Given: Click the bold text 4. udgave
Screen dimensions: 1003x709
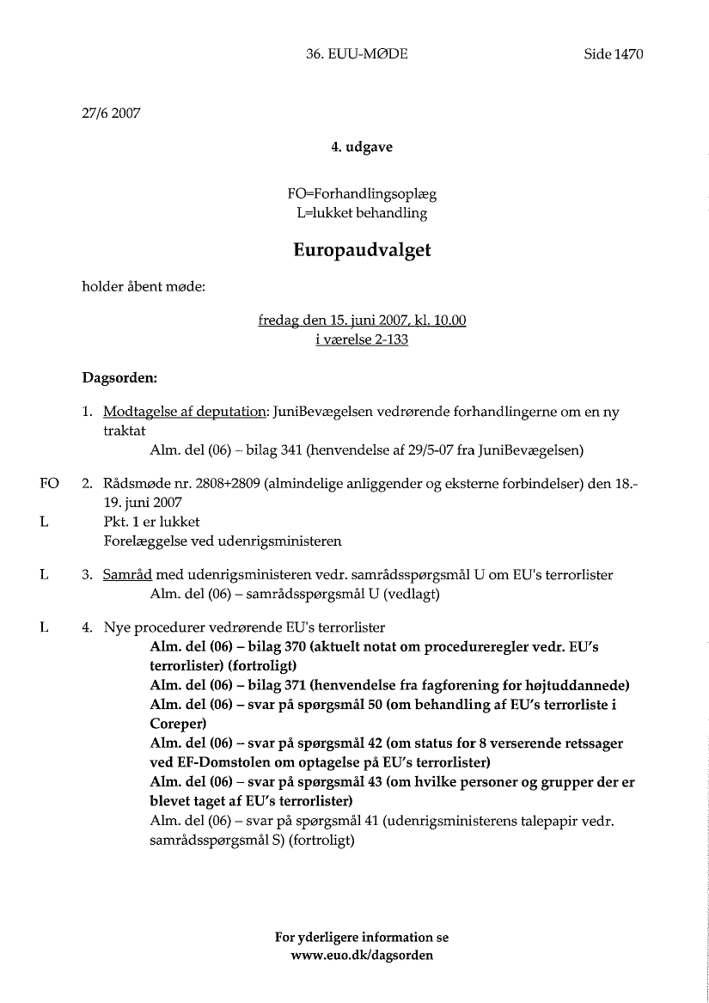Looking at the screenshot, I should [362, 147].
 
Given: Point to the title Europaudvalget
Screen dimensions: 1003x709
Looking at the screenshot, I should [362, 250].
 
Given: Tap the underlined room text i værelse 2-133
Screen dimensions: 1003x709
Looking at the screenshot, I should [362, 339].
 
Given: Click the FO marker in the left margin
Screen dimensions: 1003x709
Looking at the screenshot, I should [49, 483].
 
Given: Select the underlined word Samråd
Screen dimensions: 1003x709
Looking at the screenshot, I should [127, 574].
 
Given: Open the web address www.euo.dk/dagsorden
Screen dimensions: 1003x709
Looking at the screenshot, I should [362, 956].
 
